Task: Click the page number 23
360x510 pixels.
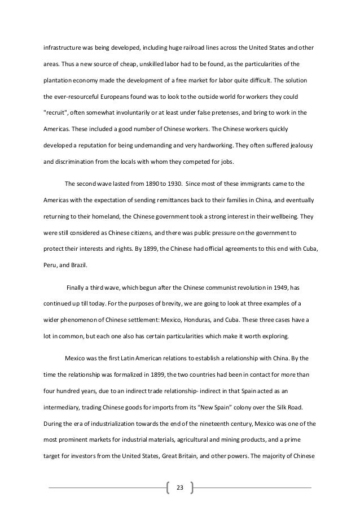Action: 180,487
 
